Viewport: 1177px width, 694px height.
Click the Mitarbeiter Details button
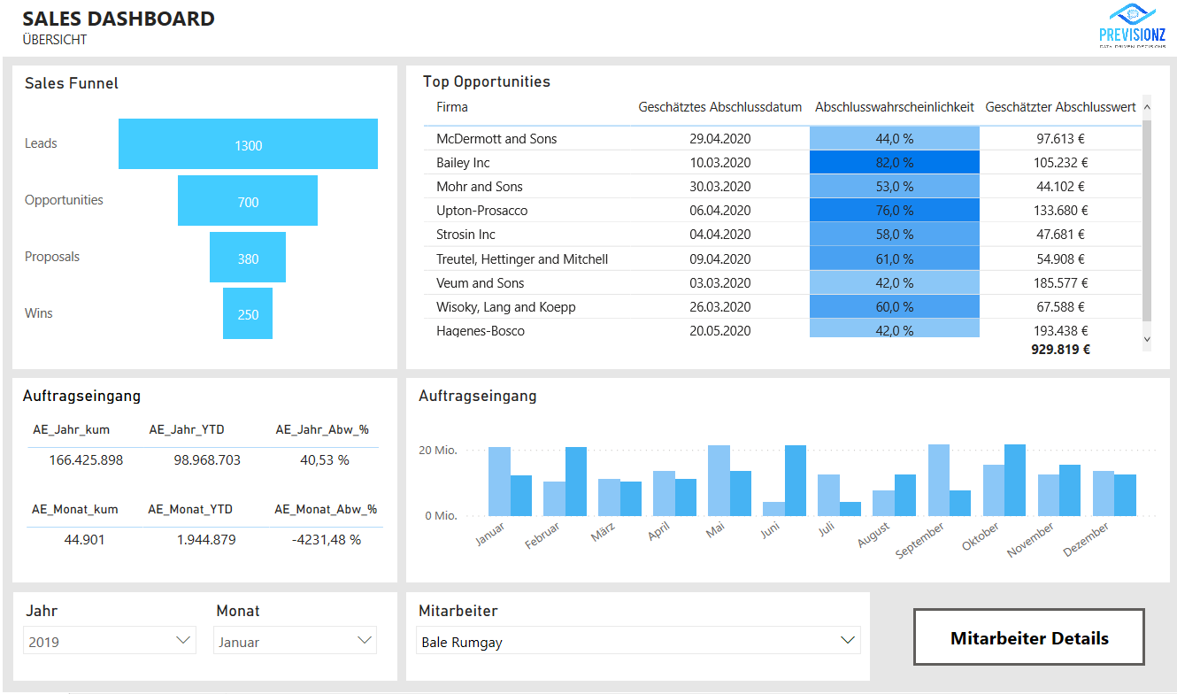coord(1028,637)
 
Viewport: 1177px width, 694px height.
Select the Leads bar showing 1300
coord(248,144)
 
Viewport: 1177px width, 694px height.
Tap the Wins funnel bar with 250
coord(248,313)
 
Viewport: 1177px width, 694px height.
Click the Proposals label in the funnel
coord(52,257)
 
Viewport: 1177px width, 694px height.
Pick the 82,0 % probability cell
coord(894,163)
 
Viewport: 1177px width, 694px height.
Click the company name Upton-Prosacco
coord(481,211)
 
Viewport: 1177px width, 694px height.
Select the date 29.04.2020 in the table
coord(719,139)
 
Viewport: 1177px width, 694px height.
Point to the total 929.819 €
coord(1060,350)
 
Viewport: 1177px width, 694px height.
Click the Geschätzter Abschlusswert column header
coord(1060,107)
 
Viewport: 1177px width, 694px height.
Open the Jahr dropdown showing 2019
coord(110,641)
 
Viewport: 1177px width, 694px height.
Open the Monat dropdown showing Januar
coord(295,641)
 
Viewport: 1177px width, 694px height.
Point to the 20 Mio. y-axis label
coord(437,451)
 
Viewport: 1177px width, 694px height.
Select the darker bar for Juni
coord(796,481)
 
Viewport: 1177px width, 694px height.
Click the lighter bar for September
coord(938,480)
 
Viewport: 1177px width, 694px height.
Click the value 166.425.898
coord(86,460)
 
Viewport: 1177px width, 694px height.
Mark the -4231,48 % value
coord(326,539)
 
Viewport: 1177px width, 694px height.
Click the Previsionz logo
coord(1132,27)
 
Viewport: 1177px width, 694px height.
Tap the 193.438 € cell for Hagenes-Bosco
coord(1061,331)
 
